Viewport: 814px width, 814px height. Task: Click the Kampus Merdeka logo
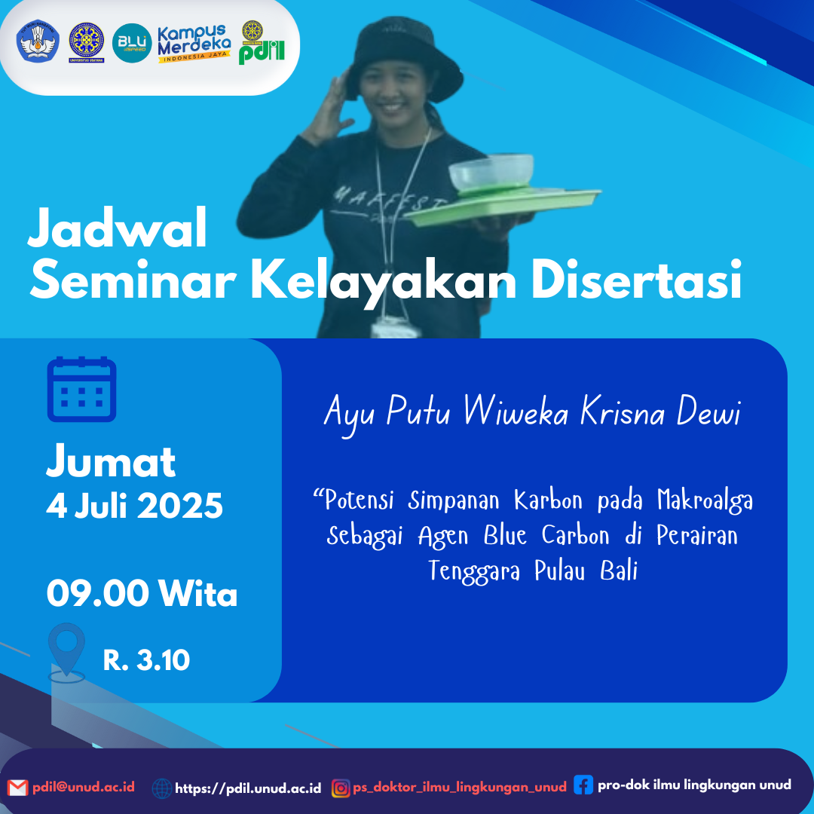point(194,44)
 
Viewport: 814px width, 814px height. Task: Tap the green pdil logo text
point(262,52)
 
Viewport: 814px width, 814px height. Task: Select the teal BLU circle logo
point(132,43)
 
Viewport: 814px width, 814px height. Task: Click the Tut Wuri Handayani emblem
point(38,41)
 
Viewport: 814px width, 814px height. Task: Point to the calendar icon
point(81,389)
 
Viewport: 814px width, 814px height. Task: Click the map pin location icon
point(66,653)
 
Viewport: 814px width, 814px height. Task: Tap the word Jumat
point(111,461)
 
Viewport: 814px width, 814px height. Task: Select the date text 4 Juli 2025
point(134,505)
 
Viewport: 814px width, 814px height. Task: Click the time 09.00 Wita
point(142,593)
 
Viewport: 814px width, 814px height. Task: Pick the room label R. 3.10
point(146,659)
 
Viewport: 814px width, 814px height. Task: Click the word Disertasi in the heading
point(636,281)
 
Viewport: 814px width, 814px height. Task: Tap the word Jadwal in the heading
point(118,228)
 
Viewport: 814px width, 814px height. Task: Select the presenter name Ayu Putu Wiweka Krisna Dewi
point(533,414)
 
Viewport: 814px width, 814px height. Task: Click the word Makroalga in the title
point(705,501)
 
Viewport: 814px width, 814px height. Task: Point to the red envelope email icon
point(17,788)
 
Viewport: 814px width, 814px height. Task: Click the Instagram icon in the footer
point(341,788)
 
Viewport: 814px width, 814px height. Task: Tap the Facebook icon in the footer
point(583,785)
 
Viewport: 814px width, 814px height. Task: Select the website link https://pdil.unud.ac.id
point(248,788)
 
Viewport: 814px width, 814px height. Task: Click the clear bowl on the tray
point(491,172)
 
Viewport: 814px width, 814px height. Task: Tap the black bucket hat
point(404,60)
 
